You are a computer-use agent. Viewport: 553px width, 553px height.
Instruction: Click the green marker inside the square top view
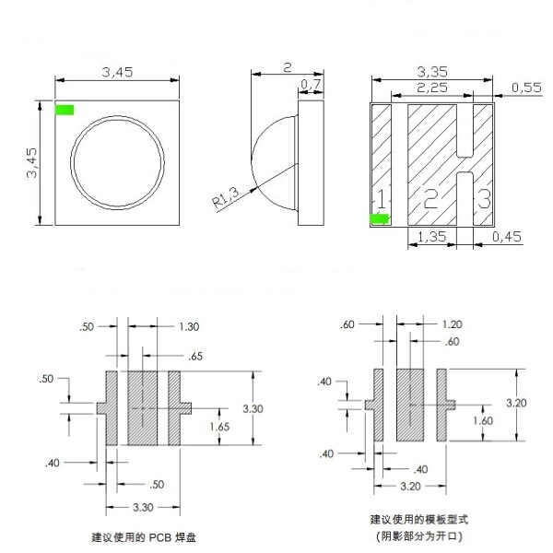click(65, 111)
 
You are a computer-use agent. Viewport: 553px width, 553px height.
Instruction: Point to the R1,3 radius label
click(223, 194)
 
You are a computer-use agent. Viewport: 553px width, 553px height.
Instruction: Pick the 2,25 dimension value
click(433, 88)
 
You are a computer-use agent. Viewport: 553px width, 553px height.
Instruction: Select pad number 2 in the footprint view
click(430, 197)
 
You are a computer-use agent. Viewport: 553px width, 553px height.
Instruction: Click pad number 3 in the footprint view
click(482, 197)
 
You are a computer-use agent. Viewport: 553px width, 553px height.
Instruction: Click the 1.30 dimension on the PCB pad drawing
click(188, 326)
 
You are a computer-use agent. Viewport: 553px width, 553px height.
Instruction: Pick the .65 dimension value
click(194, 356)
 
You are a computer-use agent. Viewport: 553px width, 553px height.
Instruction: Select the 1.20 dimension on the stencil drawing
click(453, 324)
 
